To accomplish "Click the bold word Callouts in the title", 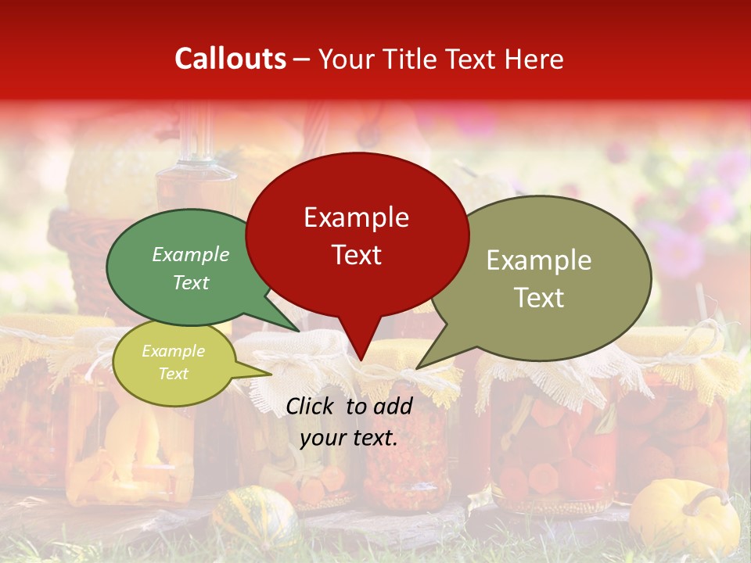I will click(230, 59).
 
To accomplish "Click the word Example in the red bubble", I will click(356, 217).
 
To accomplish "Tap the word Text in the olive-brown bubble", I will click(538, 298).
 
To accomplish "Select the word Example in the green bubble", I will click(191, 255).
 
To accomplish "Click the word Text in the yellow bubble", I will click(173, 374).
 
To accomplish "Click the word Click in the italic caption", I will click(311, 406).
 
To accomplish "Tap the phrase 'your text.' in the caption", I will click(349, 438).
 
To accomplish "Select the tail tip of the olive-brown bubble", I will click(418, 368).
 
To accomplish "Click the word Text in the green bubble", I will click(191, 283).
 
